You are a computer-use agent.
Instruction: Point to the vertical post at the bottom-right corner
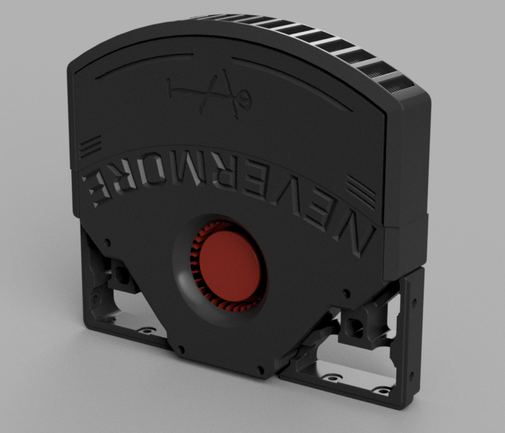(411, 334)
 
